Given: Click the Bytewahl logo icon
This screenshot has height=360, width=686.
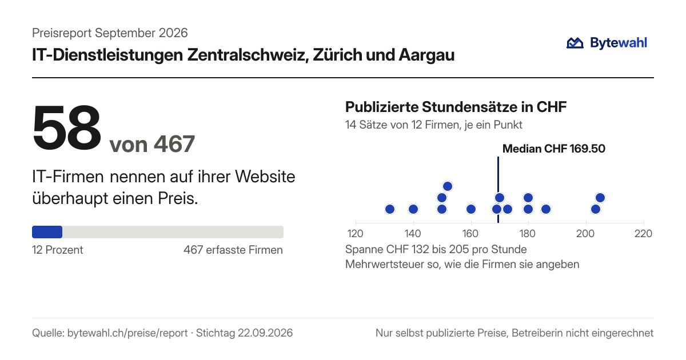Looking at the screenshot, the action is click(575, 43).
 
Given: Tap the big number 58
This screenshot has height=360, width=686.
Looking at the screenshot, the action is click(67, 128).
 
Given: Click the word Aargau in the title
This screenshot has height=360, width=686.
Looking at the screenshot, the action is click(426, 55).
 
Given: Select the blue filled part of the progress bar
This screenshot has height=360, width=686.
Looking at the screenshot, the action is click(47, 232).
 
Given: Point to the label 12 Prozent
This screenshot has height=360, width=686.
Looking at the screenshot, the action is click(58, 250).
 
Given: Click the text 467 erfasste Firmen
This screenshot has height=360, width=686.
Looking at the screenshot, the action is click(233, 250).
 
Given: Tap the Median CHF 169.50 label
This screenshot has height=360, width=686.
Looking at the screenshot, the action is click(554, 149).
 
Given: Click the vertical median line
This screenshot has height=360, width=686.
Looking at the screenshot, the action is click(498, 190).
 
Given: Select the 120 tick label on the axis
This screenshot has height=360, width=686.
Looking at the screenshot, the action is click(355, 234).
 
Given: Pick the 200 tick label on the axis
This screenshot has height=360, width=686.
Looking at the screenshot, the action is click(585, 234).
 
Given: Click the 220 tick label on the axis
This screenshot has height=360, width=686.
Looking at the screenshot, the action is click(644, 234).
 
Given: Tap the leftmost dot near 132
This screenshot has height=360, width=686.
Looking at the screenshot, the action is click(390, 209).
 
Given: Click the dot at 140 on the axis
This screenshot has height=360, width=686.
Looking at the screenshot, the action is click(413, 209).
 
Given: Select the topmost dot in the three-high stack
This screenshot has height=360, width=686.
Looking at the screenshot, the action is click(448, 186).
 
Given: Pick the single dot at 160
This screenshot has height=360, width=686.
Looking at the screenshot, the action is click(471, 209).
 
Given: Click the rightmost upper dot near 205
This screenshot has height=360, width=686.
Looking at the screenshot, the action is click(600, 198).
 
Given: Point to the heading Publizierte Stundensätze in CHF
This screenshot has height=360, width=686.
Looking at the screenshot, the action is click(456, 107).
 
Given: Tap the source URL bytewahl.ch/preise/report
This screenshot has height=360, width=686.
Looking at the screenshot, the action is click(127, 333).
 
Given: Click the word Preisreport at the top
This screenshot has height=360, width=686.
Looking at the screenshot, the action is click(62, 33).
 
